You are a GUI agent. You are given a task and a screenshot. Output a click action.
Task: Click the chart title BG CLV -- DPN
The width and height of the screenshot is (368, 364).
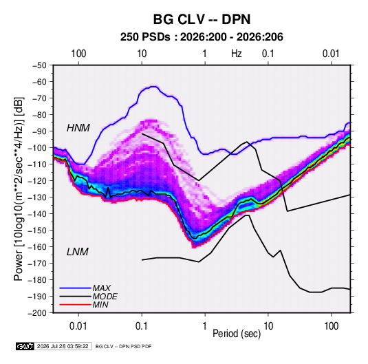point(202,19)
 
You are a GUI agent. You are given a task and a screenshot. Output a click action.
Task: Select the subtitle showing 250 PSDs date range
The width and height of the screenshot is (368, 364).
point(202,37)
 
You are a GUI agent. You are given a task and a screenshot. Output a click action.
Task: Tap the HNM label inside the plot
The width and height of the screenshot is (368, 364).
point(78,128)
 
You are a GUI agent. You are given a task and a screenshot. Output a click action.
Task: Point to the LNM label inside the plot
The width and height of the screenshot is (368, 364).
point(78,252)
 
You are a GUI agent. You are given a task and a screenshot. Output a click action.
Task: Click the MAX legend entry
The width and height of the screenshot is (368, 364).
point(102,288)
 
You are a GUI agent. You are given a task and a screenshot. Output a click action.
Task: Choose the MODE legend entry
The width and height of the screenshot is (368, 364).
point(105,297)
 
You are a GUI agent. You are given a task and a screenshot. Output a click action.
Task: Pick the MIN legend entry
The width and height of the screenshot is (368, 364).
point(100,305)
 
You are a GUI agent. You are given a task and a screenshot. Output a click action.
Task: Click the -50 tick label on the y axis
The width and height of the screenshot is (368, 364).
point(39,65)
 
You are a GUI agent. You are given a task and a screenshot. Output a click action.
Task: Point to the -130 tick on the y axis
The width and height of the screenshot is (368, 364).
point(38,197)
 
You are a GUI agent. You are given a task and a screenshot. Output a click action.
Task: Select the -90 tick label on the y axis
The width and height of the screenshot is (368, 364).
point(39,131)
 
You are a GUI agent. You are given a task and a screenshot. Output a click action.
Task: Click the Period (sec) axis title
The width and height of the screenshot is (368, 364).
point(237,334)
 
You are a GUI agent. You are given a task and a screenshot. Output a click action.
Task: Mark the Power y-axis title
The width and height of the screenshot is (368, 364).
point(19,189)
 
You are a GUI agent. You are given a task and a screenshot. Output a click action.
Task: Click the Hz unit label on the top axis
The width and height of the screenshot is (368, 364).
point(237,54)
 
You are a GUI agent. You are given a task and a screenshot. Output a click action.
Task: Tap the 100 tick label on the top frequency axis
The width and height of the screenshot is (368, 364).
point(78,54)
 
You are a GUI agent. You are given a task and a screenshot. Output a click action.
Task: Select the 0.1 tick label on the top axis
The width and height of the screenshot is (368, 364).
point(268,54)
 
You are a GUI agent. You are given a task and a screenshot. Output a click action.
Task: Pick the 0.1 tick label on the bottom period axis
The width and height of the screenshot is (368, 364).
point(142,326)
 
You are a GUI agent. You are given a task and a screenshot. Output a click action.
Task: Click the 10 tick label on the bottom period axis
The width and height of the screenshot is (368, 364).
point(268,326)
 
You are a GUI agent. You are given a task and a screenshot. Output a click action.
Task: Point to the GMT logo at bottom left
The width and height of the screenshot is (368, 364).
point(25,346)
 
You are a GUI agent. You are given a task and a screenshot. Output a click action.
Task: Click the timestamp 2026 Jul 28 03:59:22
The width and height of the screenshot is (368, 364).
point(63,346)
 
